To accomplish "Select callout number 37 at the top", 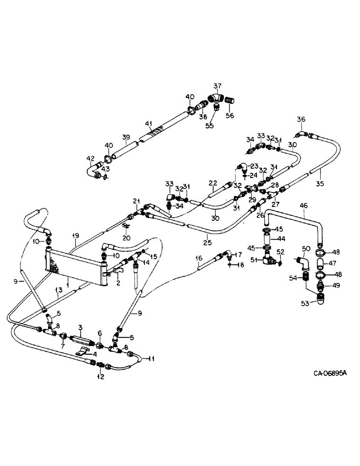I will point(217,86).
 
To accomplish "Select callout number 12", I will point(100,377).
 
